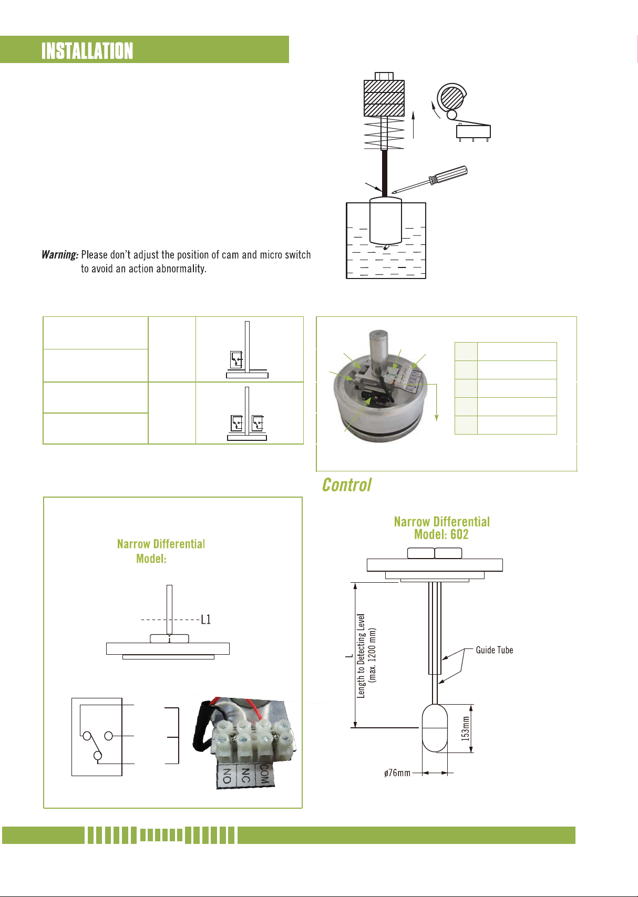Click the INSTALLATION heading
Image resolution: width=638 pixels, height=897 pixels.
(x=87, y=51)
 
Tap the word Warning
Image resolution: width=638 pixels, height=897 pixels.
(x=60, y=255)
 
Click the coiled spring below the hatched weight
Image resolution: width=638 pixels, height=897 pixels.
(x=384, y=133)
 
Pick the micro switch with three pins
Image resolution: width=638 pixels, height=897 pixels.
(x=474, y=131)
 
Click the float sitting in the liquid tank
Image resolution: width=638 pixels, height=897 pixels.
(x=385, y=221)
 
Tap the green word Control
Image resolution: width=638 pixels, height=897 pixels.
(x=346, y=485)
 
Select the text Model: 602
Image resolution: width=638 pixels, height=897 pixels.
(x=441, y=534)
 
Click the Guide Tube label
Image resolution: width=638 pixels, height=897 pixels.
(x=494, y=650)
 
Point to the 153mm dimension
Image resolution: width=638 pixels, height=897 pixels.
(x=465, y=728)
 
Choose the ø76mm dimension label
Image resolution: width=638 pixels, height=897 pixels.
(x=397, y=773)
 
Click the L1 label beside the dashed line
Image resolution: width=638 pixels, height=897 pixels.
(x=205, y=620)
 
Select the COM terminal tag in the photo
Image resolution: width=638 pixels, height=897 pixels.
(x=264, y=774)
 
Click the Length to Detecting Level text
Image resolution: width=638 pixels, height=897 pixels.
(x=361, y=655)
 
